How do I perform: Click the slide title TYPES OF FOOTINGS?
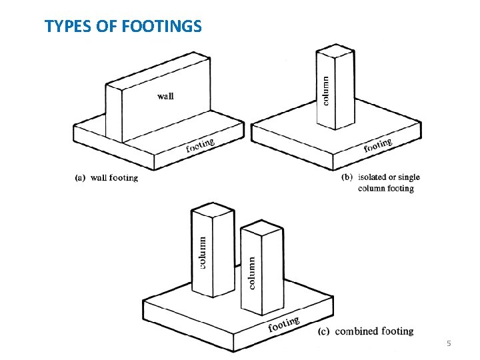123,27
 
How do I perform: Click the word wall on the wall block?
165,96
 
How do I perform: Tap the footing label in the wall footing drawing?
200,145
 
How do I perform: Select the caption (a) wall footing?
107,178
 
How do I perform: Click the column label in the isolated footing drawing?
325,90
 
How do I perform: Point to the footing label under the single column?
377,145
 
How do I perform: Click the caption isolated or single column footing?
389,183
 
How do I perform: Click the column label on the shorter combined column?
252,273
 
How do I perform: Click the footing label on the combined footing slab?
284,324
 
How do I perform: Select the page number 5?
449,343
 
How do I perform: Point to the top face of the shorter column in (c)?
261,229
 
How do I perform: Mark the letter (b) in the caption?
347,177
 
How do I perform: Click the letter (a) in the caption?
80,178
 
